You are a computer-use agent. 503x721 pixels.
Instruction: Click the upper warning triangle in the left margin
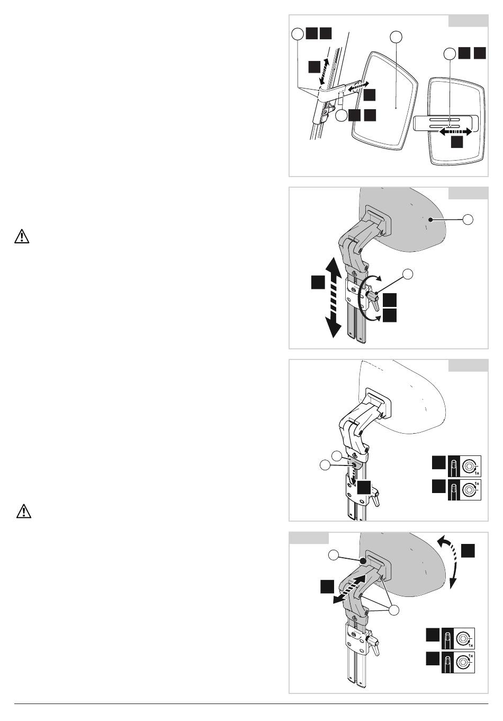[x=22, y=236]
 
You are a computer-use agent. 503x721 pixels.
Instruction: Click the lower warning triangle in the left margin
[x=24, y=512]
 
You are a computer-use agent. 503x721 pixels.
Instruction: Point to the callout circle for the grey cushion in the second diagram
[x=468, y=219]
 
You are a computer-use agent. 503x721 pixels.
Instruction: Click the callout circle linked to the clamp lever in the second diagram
[x=408, y=274]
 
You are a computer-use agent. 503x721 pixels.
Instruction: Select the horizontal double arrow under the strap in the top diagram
[x=456, y=131]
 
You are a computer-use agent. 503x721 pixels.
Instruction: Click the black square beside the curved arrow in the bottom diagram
[x=468, y=550]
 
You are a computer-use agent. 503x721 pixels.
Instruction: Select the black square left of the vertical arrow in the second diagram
[x=318, y=282]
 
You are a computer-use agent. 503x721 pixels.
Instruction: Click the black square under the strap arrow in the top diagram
[x=457, y=142]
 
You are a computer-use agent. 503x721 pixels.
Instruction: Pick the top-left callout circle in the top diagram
[x=298, y=34]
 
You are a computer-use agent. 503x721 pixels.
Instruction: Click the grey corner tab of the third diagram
[x=468, y=365]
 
